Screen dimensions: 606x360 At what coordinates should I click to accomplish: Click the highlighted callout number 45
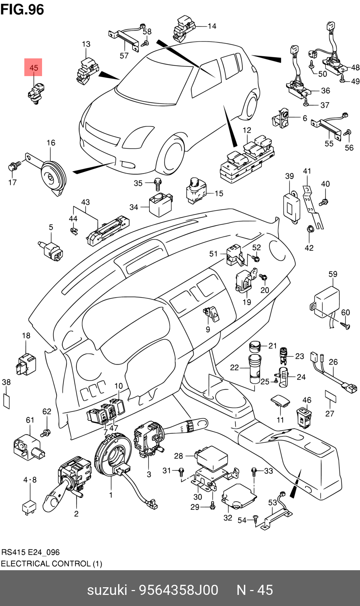click(x=33, y=67)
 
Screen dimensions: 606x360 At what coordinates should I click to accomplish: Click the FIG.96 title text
click(x=22, y=9)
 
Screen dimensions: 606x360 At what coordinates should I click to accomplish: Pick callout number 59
click(x=333, y=274)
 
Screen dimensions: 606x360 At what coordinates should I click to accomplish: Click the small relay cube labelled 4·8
click(x=29, y=507)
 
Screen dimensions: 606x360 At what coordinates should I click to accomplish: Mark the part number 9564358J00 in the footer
click(x=179, y=590)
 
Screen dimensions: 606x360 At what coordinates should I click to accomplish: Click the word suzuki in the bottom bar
click(x=107, y=590)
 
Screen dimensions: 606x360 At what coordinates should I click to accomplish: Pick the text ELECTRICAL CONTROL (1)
click(x=51, y=564)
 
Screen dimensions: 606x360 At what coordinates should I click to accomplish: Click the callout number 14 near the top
click(x=212, y=26)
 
